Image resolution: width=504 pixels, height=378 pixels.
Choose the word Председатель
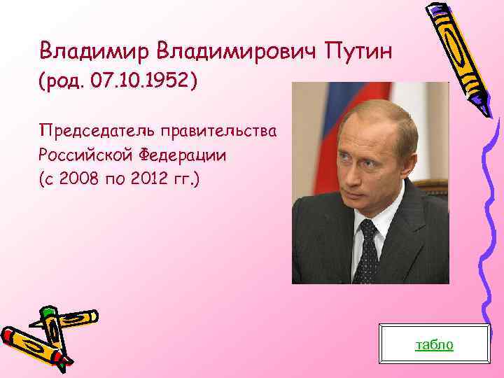(97, 130)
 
